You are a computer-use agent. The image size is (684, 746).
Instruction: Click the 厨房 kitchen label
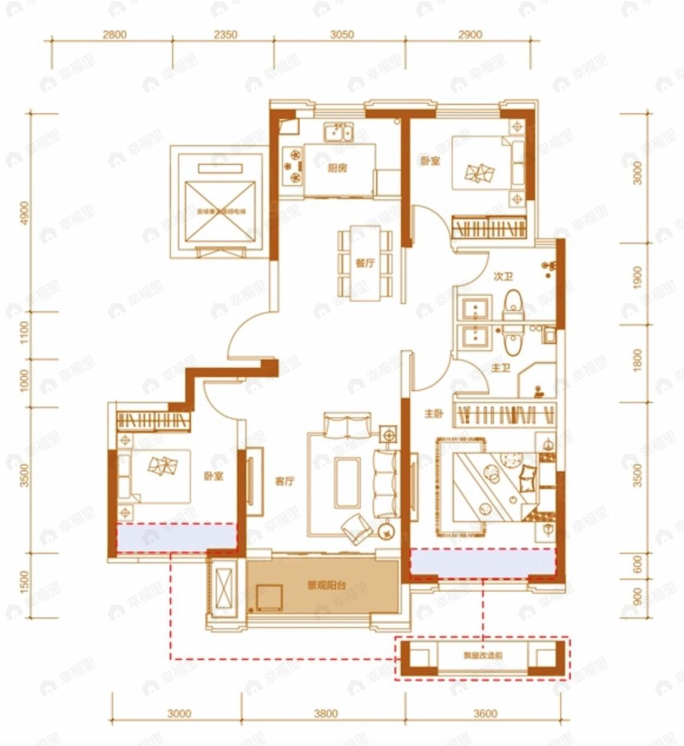337,168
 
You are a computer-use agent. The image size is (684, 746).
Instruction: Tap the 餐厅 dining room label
365,263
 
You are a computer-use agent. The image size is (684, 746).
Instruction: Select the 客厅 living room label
284,481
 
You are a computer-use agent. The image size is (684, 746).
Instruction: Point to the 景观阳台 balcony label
326,586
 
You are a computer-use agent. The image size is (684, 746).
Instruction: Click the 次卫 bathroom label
502,276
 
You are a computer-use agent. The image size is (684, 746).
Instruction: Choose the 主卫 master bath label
500,368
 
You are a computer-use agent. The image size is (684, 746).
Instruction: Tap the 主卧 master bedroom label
433,414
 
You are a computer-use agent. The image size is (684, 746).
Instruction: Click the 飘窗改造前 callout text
483,655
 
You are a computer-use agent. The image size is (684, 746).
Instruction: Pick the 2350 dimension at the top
225,35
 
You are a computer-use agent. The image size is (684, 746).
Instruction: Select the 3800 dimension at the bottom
325,714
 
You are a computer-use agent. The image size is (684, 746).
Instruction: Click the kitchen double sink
338,133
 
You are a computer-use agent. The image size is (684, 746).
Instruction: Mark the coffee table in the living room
348,481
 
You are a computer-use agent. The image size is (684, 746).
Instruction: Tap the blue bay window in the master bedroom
483,562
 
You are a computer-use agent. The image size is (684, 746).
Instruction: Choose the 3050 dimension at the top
341,35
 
